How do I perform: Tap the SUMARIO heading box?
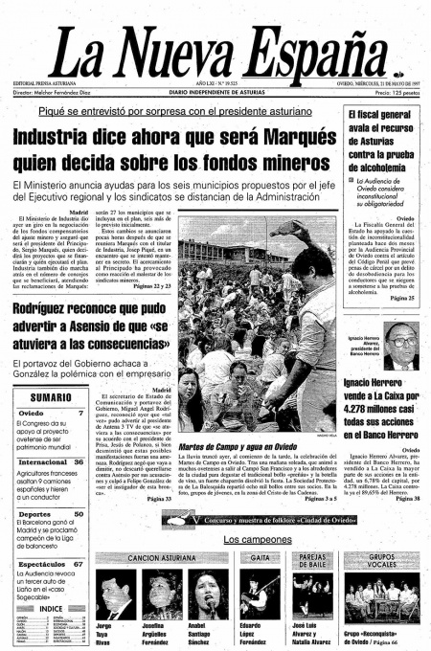[x=44, y=396]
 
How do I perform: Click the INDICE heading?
[x=50, y=607]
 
